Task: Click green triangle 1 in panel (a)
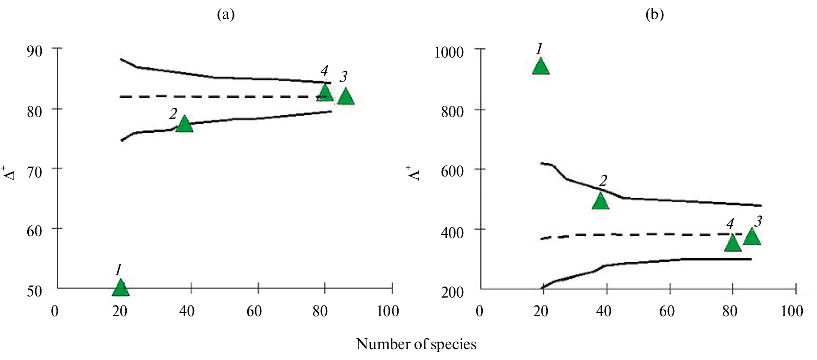[x=120, y=289]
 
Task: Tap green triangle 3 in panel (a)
[x=345, y=97]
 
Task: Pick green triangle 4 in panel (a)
[x=325, y=93]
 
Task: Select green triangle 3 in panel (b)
[x=752, y=237]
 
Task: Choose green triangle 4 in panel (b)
[x=732, y=244]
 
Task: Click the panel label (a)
[x=226, y=15]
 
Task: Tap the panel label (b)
[x=654, y=15]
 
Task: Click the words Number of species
[x=416, y=344]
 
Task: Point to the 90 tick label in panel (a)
[x=34, y=51]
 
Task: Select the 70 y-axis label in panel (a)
[x=34, y=172]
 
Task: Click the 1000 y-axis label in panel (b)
[x=449, y=52]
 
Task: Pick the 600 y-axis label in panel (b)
[x=452, y=171]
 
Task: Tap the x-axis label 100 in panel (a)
[x=388, y=311]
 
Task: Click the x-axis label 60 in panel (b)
[x=667, y=311]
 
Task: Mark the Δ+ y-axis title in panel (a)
[x=10, y=173]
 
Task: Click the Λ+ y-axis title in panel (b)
[x=414, y=173]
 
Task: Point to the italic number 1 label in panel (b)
[x=539, y=49]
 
